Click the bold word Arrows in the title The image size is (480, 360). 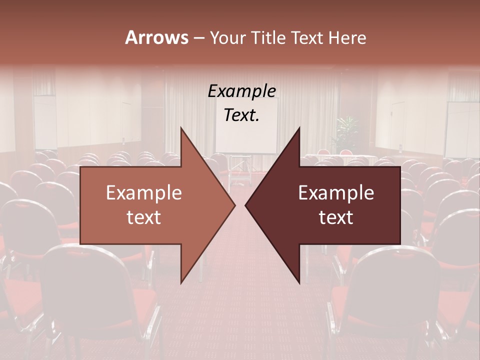click(156, 37)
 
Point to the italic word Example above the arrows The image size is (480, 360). click(241, 91)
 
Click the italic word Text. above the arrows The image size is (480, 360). click(241, 115)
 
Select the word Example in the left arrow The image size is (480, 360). click(143, 193)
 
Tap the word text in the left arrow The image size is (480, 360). click(143, 217)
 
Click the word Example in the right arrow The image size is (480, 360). click(336, 193)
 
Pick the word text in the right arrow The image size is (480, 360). click(336, 217)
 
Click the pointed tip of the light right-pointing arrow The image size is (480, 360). click(235, 205)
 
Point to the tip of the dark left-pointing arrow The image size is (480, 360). click(245, 205)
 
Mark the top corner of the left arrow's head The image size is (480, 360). click(181, 127)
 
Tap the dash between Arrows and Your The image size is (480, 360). click(198, 38)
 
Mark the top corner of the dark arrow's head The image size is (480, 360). click(299, 127)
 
